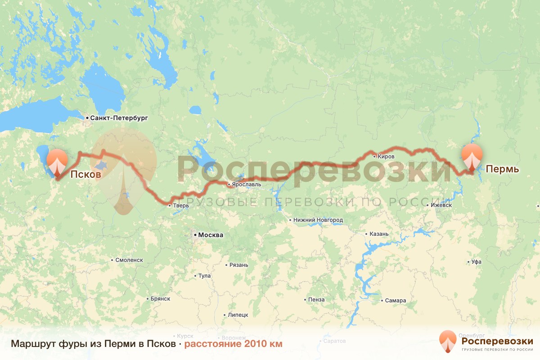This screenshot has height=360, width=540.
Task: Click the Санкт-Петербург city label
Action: pos(119,118)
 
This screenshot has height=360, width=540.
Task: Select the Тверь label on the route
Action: pos(180,206)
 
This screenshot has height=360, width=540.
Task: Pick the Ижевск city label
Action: pos(441,205)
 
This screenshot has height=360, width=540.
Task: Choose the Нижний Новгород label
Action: pos(318,220)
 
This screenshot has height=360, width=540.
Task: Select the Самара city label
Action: pos(396,301)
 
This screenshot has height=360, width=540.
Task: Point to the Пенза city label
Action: pos(316,300)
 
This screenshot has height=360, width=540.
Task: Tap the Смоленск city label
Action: pos(129,260)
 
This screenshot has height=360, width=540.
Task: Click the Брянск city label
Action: pos(160,299)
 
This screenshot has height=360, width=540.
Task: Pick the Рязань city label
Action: pos(238,265)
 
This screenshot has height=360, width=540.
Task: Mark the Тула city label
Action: pos(204,276)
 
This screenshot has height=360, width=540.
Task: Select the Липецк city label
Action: pos(238,315)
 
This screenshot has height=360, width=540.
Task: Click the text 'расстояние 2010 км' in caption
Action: pos(233,344)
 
